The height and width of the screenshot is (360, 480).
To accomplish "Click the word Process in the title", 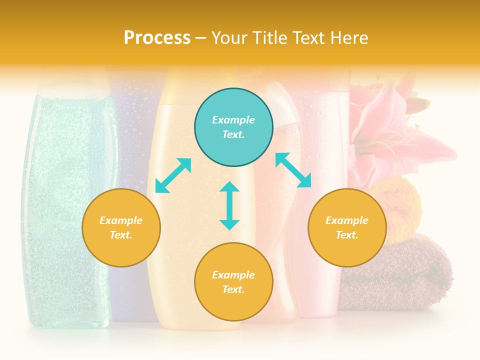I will (157, 38).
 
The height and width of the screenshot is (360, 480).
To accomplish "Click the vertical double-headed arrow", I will (229, 205).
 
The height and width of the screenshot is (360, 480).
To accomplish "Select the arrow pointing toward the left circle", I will (173, 175).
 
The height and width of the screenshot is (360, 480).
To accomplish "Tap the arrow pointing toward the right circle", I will (293, 170).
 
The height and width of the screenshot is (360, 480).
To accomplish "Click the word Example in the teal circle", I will (233, 120).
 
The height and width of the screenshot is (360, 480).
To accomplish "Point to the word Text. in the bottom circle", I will (233, 289).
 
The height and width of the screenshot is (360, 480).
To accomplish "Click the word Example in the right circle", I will (347, 220).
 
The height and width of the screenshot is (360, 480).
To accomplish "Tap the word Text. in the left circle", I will (121, 235).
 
